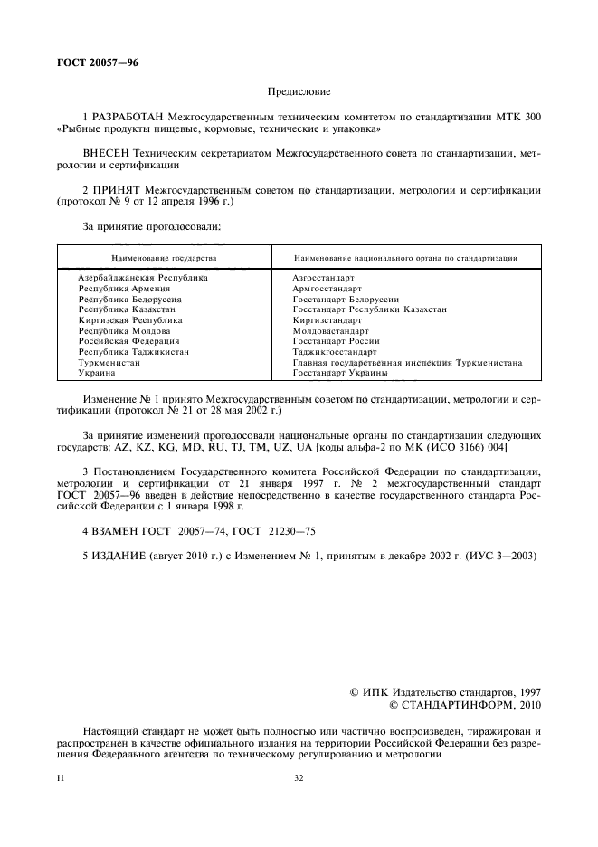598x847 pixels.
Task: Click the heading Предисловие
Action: [299, 91]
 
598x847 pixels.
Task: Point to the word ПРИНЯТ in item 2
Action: [115, 190]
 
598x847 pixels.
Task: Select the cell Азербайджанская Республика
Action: [143, 277]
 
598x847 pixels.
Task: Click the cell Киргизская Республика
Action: [130, 320]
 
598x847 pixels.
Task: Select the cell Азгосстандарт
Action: [323, 277]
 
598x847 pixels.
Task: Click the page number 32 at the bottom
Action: [299, 777]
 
